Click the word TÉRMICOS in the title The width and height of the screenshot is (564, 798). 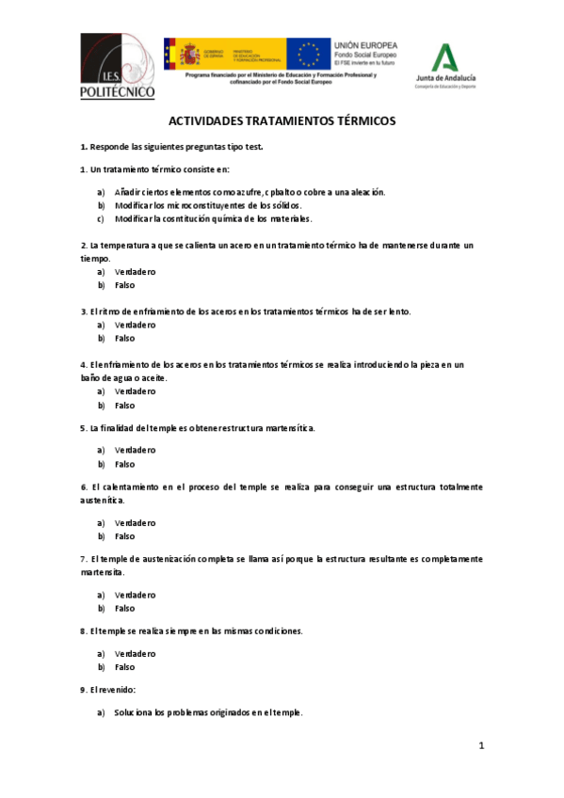pyautogui.click(x=356, y=121)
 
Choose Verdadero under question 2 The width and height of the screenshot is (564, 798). pyautogui.click(x=135, y=272)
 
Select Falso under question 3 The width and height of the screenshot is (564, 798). pyautogui.click(x=124, y=338)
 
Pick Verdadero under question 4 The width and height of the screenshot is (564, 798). pyautogui.click(x=135, y=391)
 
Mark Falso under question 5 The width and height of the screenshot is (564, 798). pyautogui.click(x=124, y=464)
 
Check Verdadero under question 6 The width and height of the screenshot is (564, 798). pyautogui.click(x=135, y=522)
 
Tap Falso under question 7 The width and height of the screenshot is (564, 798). pyautogui.click(x=124, y=608)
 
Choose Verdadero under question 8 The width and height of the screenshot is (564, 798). pyautogui.click(x=135, y=653)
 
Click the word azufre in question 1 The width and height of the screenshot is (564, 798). pyautogui.click(x=241, y=192)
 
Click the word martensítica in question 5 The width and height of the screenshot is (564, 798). pyautogui.click(x=282, y=428)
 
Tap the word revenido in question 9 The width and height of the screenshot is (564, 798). pyautogui.click(x=116, y=690)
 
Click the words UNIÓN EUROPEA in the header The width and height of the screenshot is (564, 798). pyautogui.click(x=365, y=45)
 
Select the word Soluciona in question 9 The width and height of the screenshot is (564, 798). pyautogui.click(x=133, y=712)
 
